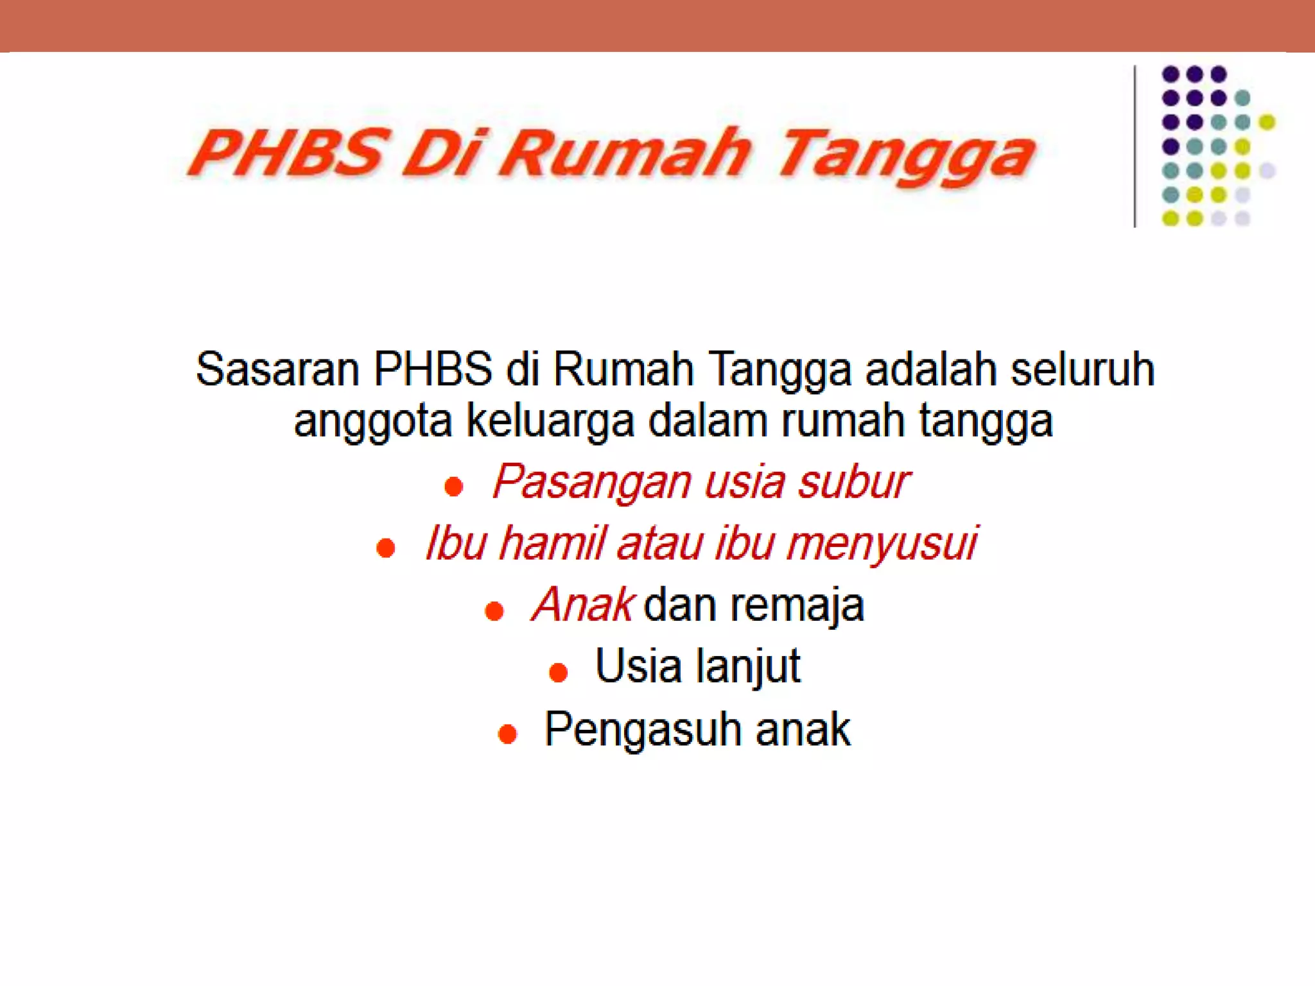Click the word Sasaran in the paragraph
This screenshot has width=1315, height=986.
coord(277,370)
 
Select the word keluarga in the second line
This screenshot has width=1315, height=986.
coord(550,421)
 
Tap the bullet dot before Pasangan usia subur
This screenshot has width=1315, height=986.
coord(454,487)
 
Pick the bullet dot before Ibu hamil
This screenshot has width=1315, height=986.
coord(386,548)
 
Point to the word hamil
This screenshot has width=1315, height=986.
coord(552,543)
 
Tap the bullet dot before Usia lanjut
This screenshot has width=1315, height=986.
coord(559,672)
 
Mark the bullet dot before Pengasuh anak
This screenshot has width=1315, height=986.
coord(507,734)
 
